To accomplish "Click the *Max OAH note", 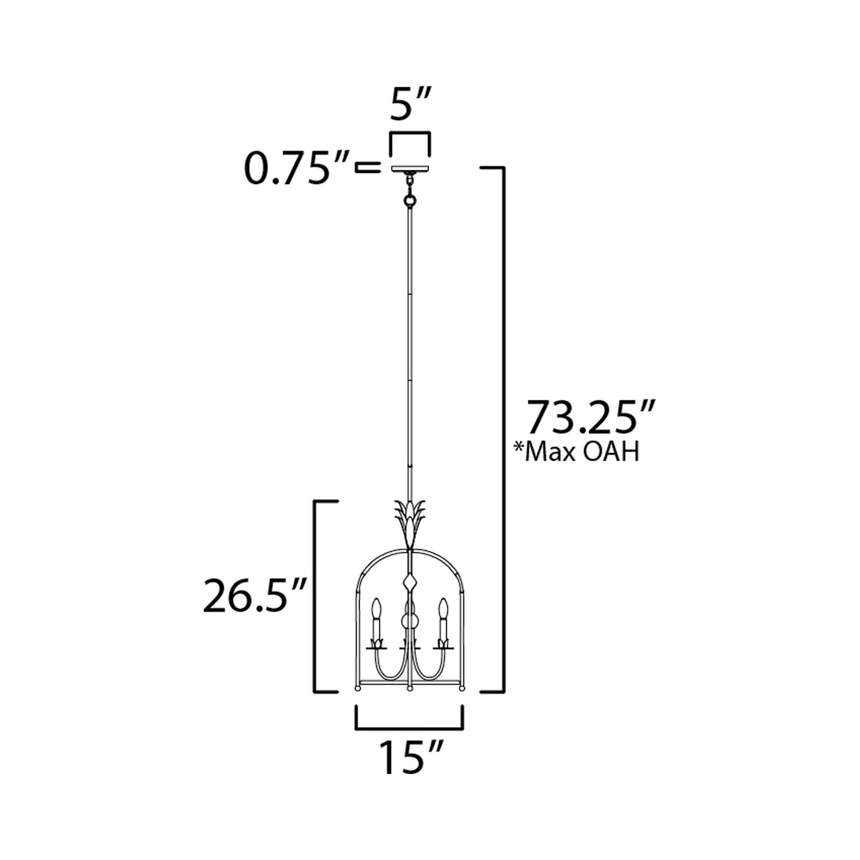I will [x=577, y=452].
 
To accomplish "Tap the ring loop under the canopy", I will [x=410, y=202].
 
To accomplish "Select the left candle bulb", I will [x=377, y=609].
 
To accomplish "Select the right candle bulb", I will [x=442, y=609].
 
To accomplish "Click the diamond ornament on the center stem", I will [x=410, y=582].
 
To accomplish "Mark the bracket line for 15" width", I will [x=410, y=729].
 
